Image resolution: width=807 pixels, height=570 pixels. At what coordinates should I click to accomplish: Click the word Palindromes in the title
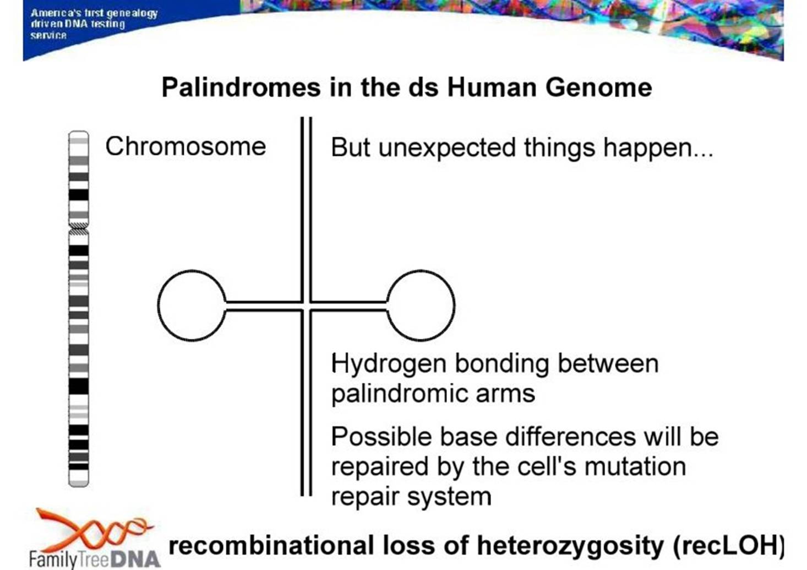click(x=241, y=87)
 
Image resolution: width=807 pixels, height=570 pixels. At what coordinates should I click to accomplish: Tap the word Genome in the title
click(x=599, y=87)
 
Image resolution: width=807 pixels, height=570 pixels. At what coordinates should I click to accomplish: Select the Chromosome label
click(x=186, y=146)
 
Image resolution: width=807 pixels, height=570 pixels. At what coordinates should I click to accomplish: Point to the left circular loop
click(x=159, y=305)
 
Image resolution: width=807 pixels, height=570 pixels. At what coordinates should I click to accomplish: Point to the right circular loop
click(x=454, y=305)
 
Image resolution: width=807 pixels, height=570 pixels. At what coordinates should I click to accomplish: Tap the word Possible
click(x=381, y=437)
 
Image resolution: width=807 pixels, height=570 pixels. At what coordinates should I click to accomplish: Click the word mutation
click(x=635, y=466)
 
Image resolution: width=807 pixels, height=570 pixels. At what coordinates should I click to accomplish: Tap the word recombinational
click(x=271, y=545)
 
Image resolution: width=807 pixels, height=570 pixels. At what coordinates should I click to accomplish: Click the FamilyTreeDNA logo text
click(x=94, y=560)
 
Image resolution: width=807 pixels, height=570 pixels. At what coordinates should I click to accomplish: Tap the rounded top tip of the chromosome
click(x=79, y=132)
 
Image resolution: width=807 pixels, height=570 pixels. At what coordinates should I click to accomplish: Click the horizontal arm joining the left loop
click(x=264, y=306)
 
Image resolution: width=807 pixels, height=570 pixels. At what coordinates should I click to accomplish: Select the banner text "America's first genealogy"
click(x=94, y=13)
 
